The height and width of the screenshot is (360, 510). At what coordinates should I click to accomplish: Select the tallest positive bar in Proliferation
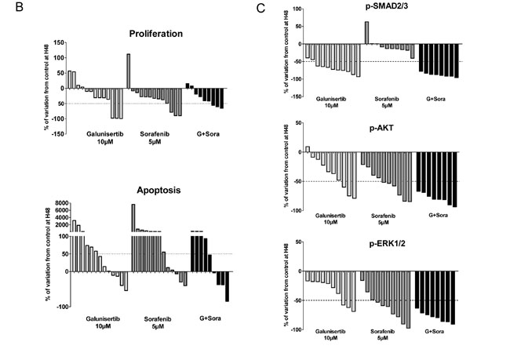point(128,71)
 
